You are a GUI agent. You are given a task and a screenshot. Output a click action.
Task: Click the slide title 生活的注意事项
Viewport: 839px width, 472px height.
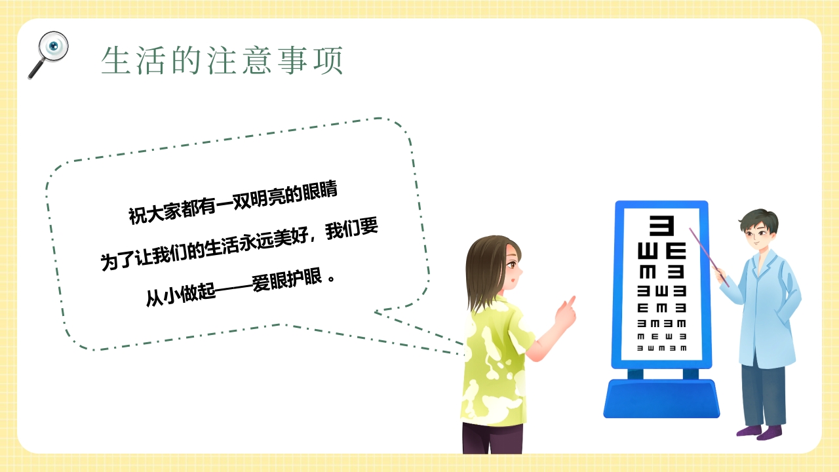coord(223,61)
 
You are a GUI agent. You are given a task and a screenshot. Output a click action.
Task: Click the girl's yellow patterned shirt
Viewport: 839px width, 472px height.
coord(495,367)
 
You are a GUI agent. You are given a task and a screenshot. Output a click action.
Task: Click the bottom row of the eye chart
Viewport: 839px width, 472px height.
coord(661,348)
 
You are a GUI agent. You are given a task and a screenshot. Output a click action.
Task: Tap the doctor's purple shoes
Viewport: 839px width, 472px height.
coord(760,431)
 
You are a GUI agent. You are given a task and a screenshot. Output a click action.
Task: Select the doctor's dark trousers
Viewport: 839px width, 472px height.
coord(763,393)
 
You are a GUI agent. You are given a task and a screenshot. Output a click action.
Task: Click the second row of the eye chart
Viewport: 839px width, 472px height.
coord(661,251)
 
